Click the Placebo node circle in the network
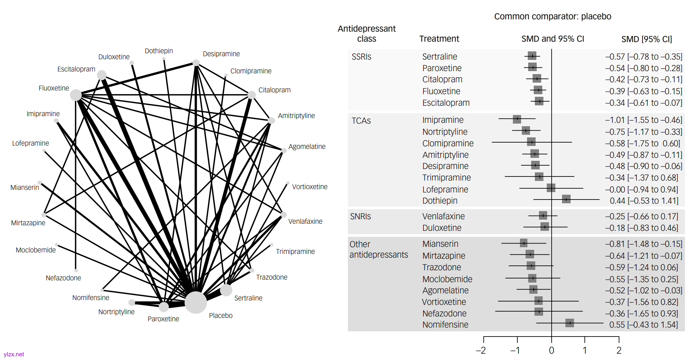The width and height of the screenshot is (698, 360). tap(196, 302)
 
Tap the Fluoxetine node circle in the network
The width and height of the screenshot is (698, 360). tap(76, 95)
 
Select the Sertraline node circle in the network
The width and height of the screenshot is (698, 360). tap(226, 290)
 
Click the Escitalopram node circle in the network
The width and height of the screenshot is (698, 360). tap(102, 75)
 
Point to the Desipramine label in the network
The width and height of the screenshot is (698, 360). tap(221, 54)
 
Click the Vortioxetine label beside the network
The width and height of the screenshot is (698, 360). tap(310, 187)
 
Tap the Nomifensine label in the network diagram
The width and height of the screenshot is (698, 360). tap(91, 298)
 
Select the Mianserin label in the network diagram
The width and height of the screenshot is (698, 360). tap(25, 188)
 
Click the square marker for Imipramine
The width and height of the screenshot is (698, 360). tap(517, 119)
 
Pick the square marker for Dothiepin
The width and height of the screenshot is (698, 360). tap(566, 199)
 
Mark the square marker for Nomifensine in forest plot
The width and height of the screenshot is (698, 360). tap(569, 323)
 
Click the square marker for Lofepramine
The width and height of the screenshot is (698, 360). tap(551, 188)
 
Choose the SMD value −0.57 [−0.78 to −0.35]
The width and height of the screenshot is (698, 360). tap(644, 57)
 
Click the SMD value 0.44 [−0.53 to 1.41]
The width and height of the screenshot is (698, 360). tap(644, 201)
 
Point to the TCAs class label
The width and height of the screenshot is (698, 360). tap(361, 121)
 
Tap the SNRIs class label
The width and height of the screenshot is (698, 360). tap(361, 216)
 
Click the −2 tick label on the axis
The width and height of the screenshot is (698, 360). tap(481, 351)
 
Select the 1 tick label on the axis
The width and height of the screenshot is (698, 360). tap(585, 351)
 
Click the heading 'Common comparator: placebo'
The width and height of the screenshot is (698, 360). tap(552, 16)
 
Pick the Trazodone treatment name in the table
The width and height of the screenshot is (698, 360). tap(441, 267)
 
